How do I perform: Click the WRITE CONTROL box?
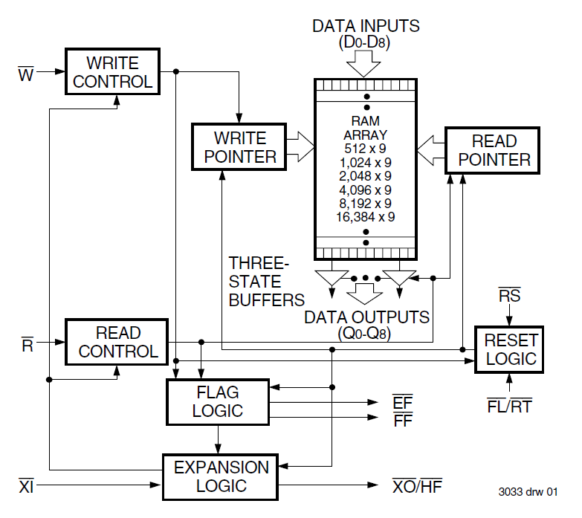(113, 71)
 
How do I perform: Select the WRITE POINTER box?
(239, 147)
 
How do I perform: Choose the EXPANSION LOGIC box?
(221, 477)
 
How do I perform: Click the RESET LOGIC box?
(510, 349)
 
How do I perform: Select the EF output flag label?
(402, 402)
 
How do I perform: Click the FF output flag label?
(402, 421)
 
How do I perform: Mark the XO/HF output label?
(421, 487)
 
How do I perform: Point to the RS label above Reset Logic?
(509, 296)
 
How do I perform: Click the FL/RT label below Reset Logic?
(509, 407)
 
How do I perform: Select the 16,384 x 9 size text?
(365, 216)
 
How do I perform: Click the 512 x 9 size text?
(365, 149)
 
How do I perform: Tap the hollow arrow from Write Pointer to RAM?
(300, 146)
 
